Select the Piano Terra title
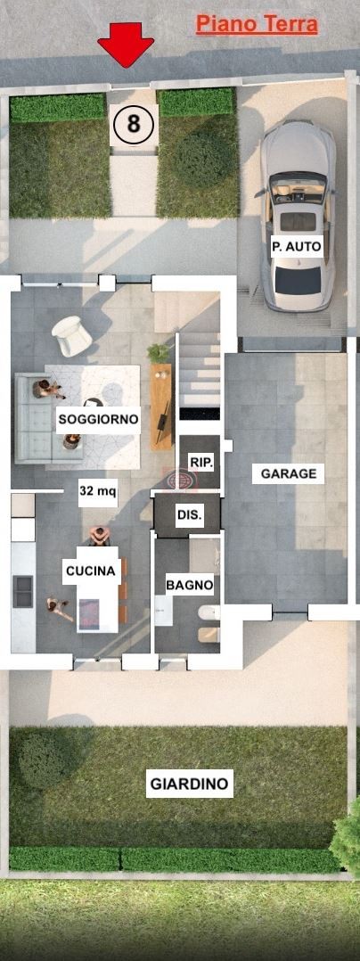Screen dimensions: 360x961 click(257, 25)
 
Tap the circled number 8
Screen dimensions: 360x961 click(133, 124)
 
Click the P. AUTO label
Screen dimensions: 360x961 click(297, 248)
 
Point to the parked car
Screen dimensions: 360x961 click(299, 216)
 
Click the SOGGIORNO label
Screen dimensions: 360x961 click(99, 420)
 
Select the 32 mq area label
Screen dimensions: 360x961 click(98, 490)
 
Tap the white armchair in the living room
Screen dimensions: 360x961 click(71, 335)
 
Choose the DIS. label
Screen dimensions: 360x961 click(189, 515)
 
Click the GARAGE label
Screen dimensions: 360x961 click(289, 473)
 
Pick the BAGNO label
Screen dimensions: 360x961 click(190, 586)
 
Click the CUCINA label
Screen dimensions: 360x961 click(91, 571)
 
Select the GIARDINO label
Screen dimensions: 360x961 click(189, 784)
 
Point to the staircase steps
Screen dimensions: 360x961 click(199, 375)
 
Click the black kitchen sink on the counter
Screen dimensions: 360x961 click(23, 591)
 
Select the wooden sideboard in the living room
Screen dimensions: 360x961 click(161, 407)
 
